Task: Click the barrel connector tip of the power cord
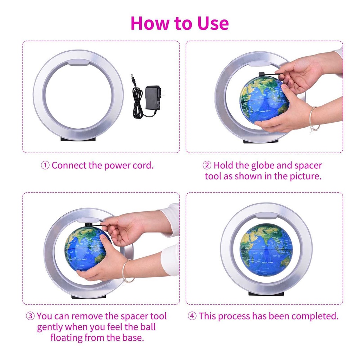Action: (133, 77)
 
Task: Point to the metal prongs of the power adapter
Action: (163, 92)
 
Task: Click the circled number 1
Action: (45, 166)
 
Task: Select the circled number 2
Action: (207, 166)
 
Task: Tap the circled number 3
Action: (30, 316)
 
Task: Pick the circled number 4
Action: (192, 316)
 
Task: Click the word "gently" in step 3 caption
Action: (50, 327)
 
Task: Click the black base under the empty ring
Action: (78, 139)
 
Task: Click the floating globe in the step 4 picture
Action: (266, 250)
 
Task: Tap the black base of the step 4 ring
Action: (266, 294)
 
